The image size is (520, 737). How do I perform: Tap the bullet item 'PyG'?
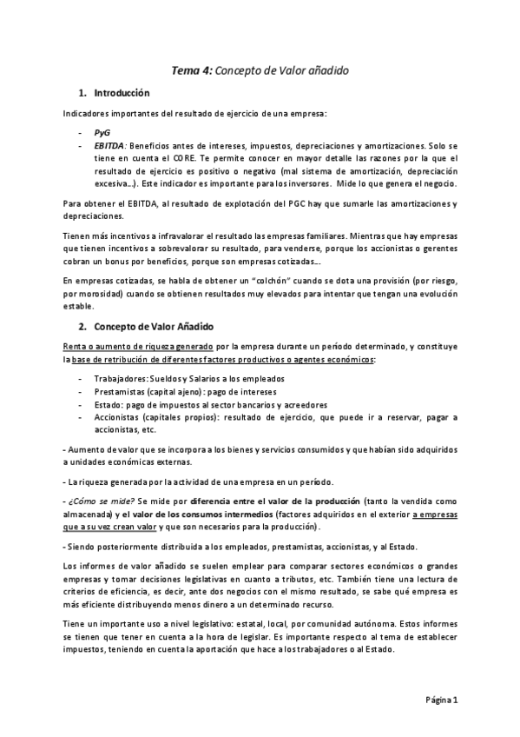[102, 132]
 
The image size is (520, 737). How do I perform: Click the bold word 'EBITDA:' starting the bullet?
[111, 146]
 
